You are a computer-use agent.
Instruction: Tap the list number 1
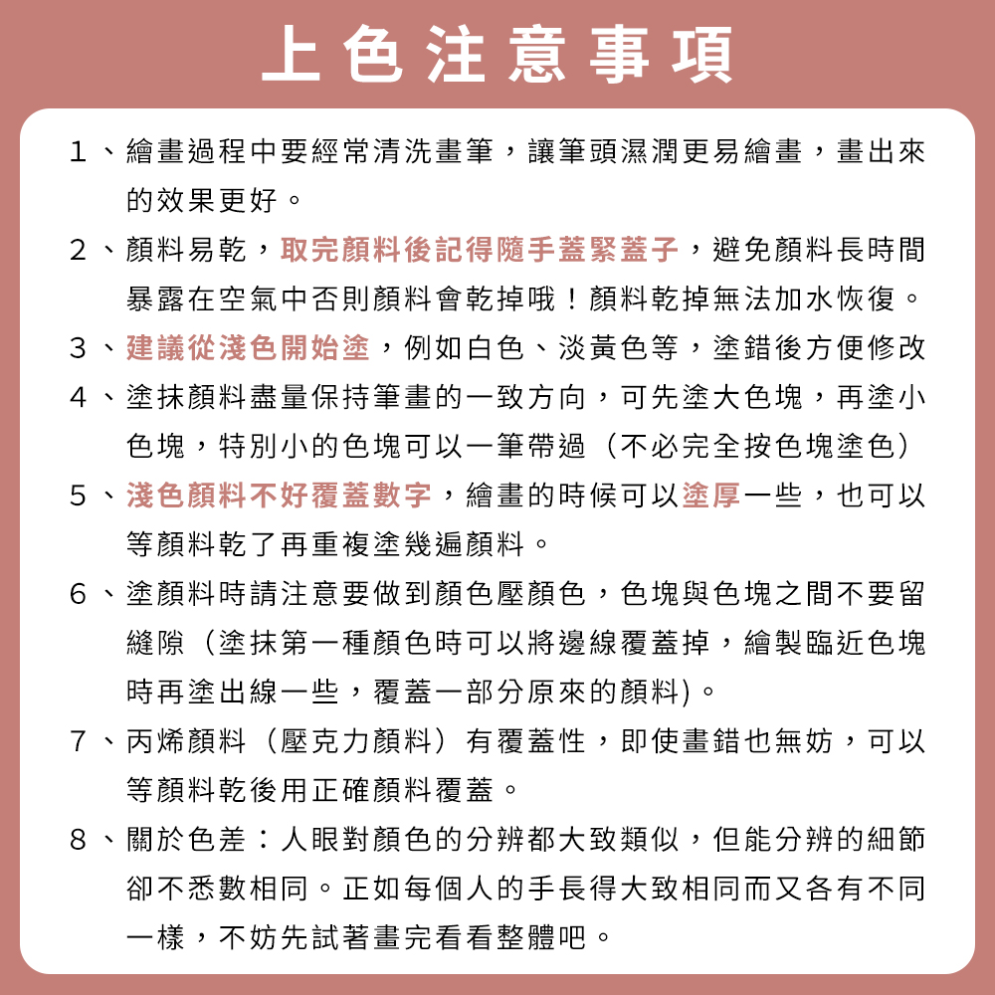[x=79, y=152]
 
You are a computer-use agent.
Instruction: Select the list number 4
[x=79, y=397]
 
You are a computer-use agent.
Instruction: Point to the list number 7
[x=79, y=740]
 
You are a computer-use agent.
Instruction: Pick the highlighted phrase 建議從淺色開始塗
[x=248, y=348]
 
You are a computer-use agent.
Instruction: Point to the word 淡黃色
[x=587, y=348]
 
